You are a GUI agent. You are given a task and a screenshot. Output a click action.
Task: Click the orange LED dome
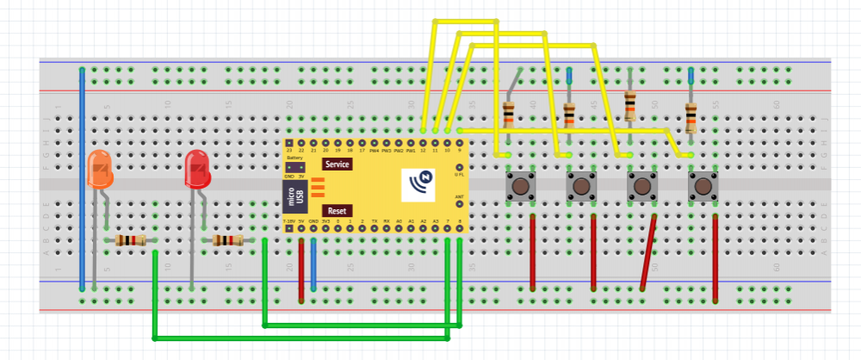tap(100, 169)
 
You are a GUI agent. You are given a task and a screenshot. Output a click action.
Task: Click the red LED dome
tap(197, 168)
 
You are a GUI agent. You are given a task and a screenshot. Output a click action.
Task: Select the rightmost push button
tap(703, 186)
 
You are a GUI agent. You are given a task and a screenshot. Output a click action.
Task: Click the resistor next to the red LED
tap(228, 241)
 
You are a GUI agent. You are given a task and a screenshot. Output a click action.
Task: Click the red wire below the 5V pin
tap(301, 269)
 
